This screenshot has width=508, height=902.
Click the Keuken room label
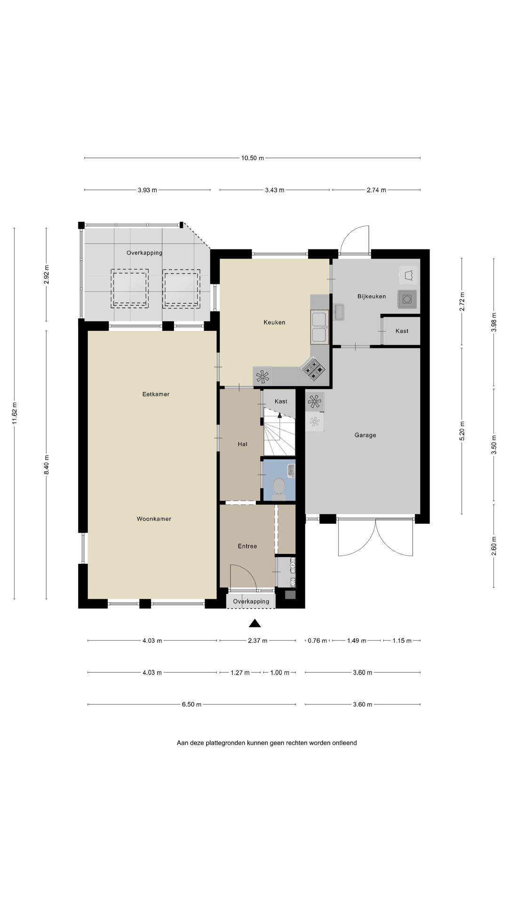point(274,322)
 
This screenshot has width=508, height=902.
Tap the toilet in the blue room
point(279,487)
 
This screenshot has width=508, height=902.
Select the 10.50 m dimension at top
point(252,158)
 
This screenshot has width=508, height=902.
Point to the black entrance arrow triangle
point(254,623)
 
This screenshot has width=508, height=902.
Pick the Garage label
point(365,435)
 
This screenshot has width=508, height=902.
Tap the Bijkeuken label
point(371,296)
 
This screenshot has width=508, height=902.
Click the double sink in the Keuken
point(319,327)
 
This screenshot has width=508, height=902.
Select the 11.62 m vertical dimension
point(15,413)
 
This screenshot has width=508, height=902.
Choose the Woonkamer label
point(154,519)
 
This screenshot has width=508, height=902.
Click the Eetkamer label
point(156,394)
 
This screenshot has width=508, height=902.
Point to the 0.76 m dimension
point(317,641)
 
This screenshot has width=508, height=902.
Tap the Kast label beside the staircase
point(281,401)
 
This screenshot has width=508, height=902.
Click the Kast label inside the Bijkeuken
point(402,331)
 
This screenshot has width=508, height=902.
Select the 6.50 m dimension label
point(191,705)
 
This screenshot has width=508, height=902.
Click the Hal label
point(242,444)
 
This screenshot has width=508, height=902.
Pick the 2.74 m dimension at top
point(376,190)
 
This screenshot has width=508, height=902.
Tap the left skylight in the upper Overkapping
point(130,288)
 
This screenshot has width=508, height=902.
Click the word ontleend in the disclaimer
point(345,743)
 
